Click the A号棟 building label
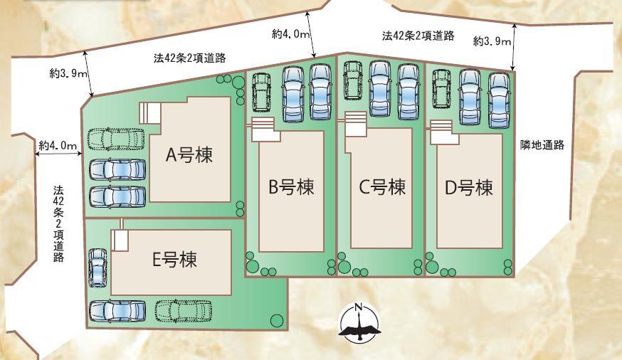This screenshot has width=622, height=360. click(189, 155)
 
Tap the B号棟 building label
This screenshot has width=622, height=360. click(291, 188)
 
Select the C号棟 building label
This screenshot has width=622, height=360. click(381, 187)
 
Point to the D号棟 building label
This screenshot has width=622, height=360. click(469, 188)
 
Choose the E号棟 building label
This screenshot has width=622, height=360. click(174, 260)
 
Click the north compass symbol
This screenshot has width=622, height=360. click(359, 324)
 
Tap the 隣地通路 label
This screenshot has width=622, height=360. click(543, 145)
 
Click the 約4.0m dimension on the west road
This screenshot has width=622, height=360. click(58, 145)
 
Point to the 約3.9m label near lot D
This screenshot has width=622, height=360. click(492, 42)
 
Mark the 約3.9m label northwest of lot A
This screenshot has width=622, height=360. click(69, 73)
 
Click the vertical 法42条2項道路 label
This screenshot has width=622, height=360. click(58, 224)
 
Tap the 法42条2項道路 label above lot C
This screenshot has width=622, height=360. click(418, 36)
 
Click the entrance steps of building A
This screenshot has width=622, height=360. click(150, 112)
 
